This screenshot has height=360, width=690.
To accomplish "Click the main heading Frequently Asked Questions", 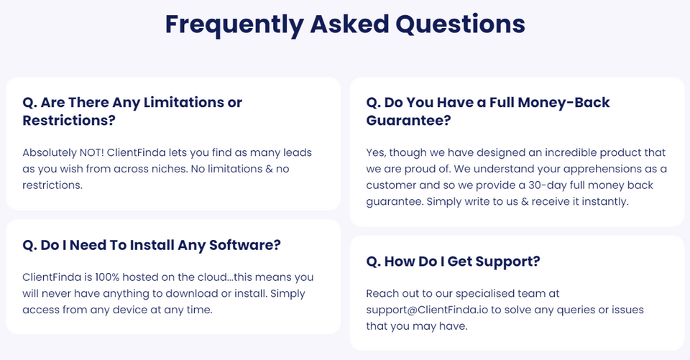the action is point(345,24).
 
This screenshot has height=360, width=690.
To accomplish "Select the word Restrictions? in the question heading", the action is point(69,120).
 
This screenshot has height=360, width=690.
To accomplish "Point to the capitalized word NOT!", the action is point(91,153).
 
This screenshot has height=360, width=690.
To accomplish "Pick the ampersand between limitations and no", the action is point(270,169).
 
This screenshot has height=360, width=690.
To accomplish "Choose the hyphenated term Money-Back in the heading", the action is point(563,102).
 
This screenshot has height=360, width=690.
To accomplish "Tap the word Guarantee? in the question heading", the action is point(408,120).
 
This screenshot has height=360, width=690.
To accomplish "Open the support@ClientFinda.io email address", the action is point(427,310).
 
